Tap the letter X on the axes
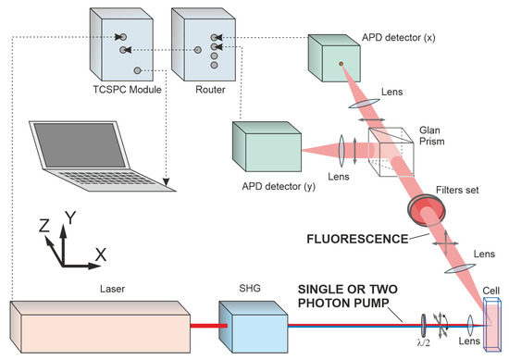coord(99,253)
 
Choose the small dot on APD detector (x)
coord(342,64)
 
